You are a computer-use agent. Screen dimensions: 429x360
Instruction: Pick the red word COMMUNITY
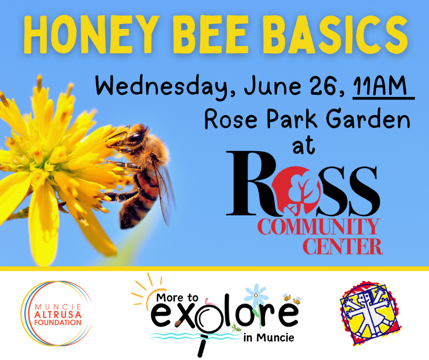[319, 227]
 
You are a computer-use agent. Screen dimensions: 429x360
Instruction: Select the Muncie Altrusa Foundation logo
[57, 313]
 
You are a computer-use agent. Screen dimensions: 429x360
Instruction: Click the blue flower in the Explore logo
[256, 295]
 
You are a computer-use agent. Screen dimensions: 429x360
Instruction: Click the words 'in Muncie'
[269, 338]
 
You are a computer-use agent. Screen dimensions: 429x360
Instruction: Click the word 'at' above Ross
[303, 146]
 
